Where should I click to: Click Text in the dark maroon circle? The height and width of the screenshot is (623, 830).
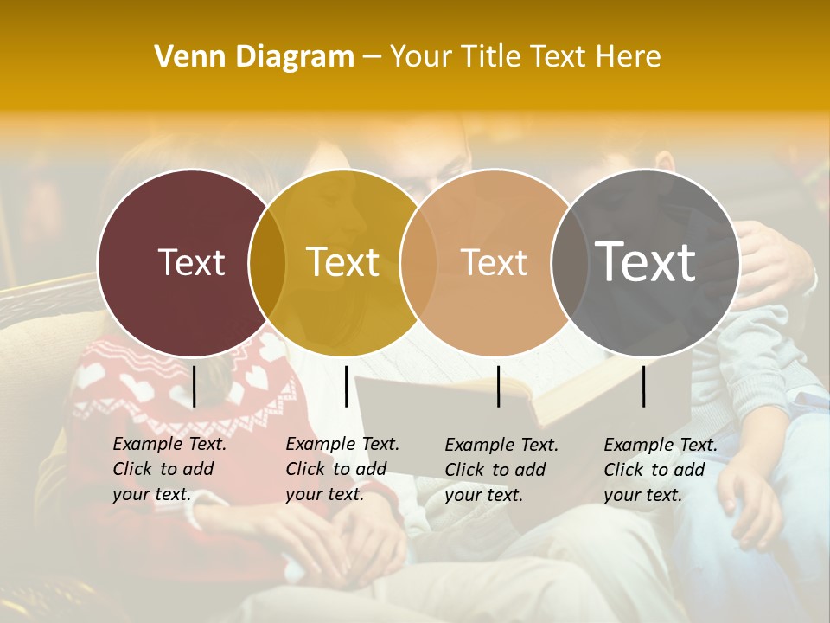[x=191, y=262]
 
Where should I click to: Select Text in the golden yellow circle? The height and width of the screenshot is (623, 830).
[x=343, y=262]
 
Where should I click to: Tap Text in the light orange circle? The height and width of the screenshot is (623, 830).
[x=495, y=262]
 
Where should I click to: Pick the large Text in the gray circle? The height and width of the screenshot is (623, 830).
[x=646, y=262]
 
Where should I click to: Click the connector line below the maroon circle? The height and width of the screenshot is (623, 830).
[x=195, y=386]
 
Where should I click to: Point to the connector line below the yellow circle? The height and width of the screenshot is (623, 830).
[x=346, y=386]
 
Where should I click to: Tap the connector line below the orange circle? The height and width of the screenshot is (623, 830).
[x=499, y=386]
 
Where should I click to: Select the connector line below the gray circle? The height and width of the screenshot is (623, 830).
[x=644, y=386]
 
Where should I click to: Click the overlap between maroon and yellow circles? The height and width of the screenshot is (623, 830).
[x=267, y=262]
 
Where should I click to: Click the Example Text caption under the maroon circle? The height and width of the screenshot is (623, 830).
[x=169, y=469]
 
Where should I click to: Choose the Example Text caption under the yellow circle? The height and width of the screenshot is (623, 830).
[x=342, y=469]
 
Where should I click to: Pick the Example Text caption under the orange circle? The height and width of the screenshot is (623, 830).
[x=501, y=470]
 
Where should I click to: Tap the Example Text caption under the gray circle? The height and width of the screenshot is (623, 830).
[x=661, y=470]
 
